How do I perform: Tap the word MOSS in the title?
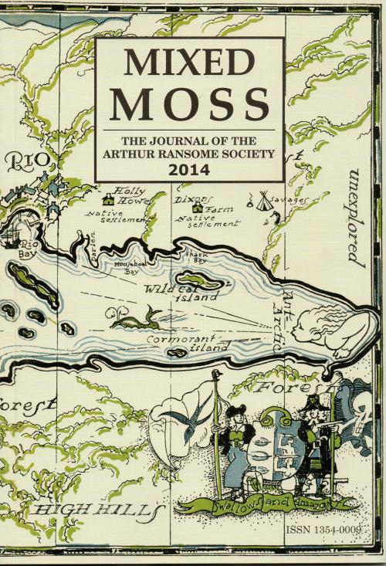click(189, 103)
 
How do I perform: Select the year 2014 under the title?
click(189, 168)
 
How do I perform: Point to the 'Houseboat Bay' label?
click(130, 267)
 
